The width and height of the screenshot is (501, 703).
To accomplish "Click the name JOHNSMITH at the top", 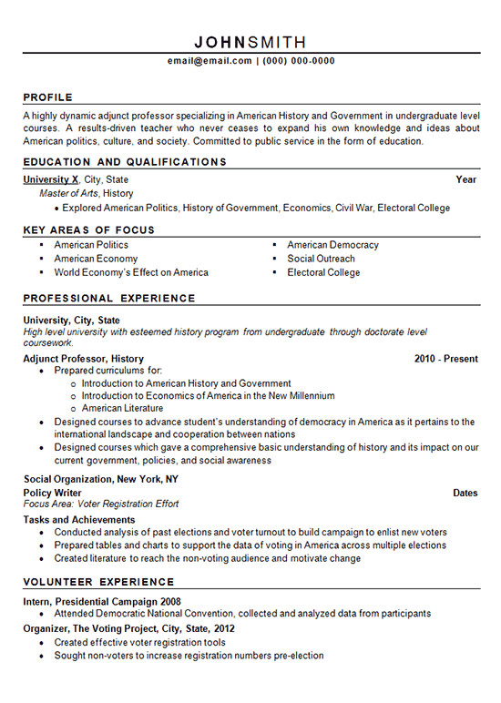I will [x=250, y=42].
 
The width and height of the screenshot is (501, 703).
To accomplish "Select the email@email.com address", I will [x=210, y=61].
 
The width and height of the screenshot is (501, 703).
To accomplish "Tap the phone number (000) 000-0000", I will [x=299, y=61].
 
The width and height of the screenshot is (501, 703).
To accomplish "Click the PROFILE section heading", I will [x=47, y=97].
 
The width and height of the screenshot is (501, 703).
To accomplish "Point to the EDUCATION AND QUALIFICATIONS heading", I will [x=125, y=162].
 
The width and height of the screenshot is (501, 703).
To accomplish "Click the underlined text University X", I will [x=51, y=179].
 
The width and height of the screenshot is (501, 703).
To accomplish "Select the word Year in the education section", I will [x=465, y=179].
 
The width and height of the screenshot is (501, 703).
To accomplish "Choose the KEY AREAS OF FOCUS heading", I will [x=89, y=230].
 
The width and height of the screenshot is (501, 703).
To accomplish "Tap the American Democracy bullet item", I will [x=332, y=245].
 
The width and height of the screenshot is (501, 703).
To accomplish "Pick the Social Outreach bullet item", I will [x=321, y=259].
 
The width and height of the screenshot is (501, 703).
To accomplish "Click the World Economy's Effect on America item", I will [x=131, y=272].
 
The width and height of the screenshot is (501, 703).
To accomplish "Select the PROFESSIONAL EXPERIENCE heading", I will [x=109, y=299].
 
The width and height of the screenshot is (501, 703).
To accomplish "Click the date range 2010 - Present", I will [x=445, y=359].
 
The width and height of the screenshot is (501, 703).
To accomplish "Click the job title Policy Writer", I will [x=53, y=493].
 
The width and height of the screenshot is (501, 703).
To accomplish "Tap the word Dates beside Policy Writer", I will [x=465, y=493].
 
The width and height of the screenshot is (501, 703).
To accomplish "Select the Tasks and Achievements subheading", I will [x=79, y=520].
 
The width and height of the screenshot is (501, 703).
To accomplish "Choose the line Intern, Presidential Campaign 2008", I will [x=102, y=602].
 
